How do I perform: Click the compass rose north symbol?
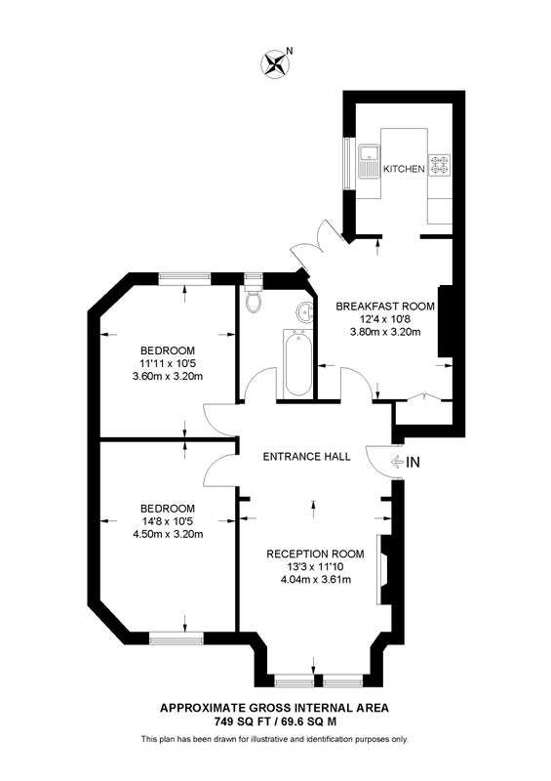point(275,63)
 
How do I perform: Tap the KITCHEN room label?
point(404,169)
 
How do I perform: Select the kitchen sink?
point(369,161)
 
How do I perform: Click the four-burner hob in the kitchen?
point(440,165)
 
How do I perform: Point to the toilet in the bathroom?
point(254,298)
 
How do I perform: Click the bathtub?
point(298,363)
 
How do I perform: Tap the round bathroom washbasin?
point(304,312)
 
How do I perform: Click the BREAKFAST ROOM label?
point(385,307)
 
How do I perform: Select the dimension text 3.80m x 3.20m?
point(385,331)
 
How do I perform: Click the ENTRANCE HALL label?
point(306,456)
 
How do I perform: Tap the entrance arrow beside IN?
point(397,462)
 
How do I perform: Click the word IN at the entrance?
point(413,463)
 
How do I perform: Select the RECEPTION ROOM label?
point(315,554)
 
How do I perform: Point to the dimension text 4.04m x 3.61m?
point(316,579)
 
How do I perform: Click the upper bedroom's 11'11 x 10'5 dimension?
point(167,363)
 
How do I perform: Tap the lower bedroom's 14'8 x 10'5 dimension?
point(167,521)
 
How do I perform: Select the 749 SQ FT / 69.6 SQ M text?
point(275,721)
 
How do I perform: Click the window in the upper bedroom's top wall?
point(184,279)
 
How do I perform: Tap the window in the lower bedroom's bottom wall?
point(177,638)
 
